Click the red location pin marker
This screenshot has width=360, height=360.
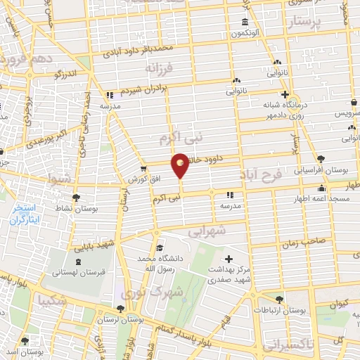click(x=181, y=165)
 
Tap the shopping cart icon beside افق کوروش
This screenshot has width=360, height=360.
click(x=143, y=169)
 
